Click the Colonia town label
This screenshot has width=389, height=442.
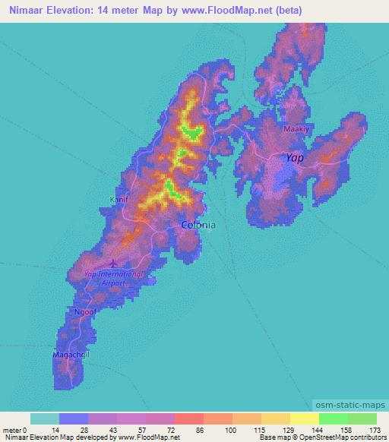coord(198,225)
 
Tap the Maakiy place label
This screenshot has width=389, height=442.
coord(296,130)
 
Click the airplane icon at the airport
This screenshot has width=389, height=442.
coord(113,264)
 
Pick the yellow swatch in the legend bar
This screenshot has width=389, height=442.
coord(304,418)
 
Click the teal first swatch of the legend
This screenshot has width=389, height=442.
coord(45,418)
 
